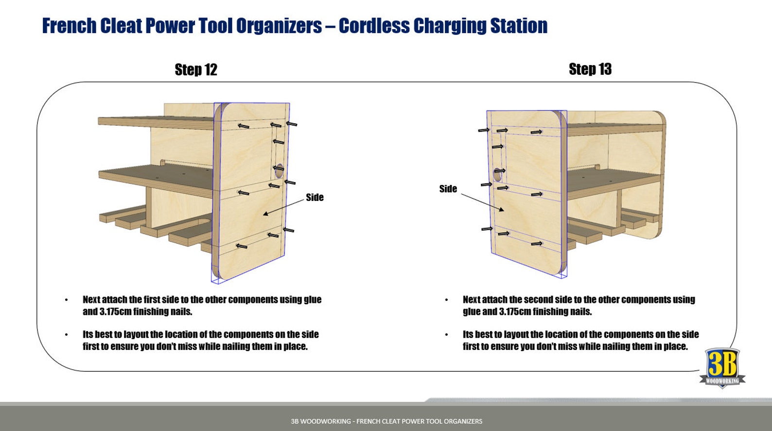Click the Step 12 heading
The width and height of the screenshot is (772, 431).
point(196,70)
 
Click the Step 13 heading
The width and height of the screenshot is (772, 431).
point(590,69)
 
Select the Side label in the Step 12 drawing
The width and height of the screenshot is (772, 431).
point(315,198)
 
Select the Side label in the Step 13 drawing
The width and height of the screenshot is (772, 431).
point(448,189)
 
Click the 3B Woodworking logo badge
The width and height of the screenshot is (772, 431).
point(722,367)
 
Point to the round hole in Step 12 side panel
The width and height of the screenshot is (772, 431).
point(279,170)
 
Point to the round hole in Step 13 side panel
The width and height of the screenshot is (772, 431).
point(497,173)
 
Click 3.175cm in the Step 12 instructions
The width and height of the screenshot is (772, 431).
point(116,312)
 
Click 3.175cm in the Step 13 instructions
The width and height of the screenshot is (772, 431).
point(515,312)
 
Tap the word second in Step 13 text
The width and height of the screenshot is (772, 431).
point(542,299)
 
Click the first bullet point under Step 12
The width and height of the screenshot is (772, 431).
point(67,300)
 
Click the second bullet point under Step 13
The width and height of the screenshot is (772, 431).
point(446,335)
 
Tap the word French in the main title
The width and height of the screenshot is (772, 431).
point(69,26)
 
